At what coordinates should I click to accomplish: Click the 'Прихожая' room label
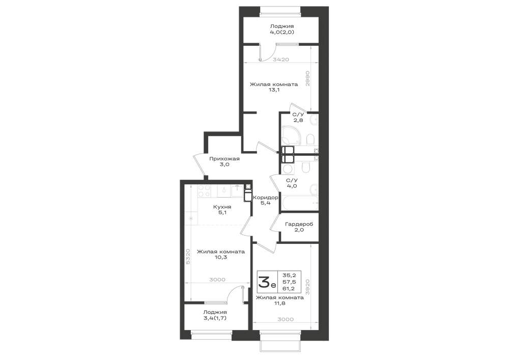[x=224, y=159]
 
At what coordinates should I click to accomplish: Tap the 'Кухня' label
[x=222, y=207]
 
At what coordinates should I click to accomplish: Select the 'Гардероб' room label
[x=299, y=224]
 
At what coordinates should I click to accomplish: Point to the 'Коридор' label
[x=266, y=198]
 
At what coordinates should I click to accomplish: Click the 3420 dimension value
[x=281, y=60]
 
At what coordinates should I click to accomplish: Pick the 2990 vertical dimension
[x=308, y=78]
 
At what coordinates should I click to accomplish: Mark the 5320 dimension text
[x=188, y=257]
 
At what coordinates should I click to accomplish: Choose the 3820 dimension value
[x=308, y=287]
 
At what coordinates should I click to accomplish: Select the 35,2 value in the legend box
[x=290, y=274]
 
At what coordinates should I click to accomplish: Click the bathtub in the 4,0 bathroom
[x=300, y=203]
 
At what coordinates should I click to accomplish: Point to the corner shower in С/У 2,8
[x=292, y=135]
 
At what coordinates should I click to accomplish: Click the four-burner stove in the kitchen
[x=205, y=191]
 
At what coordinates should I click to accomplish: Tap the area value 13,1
[x=274, y=90]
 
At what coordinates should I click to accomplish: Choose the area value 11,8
[x=280, y=303]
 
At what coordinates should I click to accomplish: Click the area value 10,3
[x=221, y=257]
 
